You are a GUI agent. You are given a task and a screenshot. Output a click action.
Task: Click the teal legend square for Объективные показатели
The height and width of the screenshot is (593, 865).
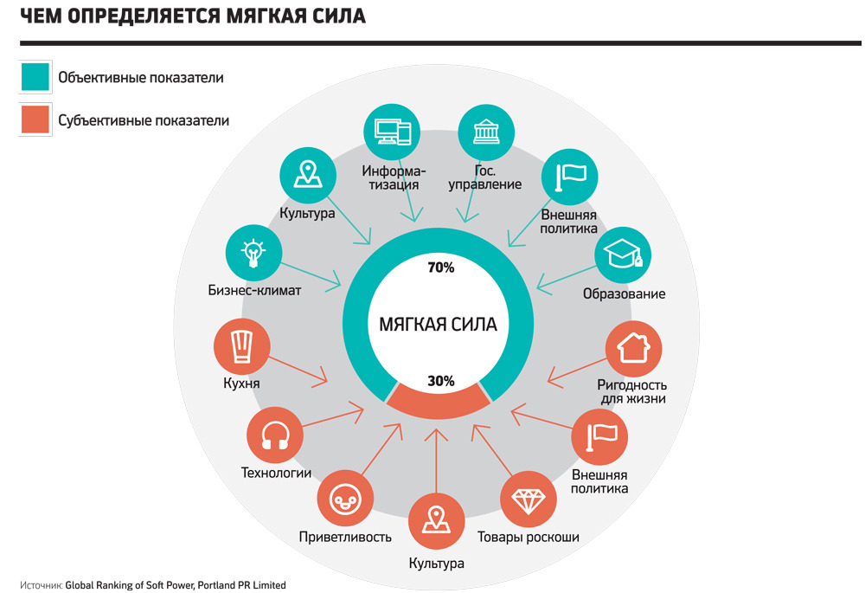(35, 77)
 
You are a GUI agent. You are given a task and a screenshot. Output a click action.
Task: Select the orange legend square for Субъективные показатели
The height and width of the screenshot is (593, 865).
(35, 119)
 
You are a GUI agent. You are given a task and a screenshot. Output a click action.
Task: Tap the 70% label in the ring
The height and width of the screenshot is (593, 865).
(441, 267)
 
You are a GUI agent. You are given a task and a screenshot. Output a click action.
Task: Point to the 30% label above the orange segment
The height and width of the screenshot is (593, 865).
(441, 381)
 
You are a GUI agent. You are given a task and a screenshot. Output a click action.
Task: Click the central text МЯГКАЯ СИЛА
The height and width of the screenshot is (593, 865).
(438, 324)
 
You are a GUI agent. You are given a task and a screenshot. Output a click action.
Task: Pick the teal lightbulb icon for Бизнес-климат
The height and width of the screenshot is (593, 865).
(253, 253)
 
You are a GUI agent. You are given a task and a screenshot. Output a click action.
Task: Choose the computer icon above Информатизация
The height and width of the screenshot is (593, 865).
(392, 132)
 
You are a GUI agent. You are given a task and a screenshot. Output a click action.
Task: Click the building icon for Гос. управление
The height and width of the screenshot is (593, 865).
(486, 132)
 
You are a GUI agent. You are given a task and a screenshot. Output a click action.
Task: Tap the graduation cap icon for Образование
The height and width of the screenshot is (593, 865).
(623, 255)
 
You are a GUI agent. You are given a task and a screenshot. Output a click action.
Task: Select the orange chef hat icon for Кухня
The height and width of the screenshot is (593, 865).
(241, 346)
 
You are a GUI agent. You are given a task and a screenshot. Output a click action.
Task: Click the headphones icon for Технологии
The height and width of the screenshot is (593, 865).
(275, 435)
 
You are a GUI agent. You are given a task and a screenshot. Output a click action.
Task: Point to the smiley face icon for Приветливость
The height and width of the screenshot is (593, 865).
(345, 499)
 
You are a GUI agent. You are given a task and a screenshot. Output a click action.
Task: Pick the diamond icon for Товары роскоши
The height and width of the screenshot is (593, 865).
(528, 500)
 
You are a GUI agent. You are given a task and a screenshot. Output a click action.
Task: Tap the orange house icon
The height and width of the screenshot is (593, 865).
(633, 348)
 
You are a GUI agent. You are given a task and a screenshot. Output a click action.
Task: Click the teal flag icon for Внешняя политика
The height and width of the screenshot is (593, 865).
(569, 177)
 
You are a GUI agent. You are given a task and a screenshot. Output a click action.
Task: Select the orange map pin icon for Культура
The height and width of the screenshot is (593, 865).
(436, 521)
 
